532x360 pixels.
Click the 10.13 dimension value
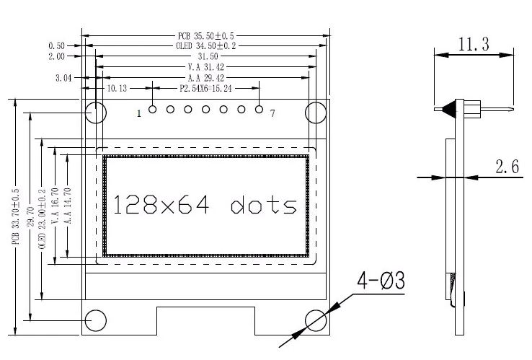pyautogui.click(x=117, y=89)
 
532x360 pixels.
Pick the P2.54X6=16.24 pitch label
pyautogui.click(x=205, y=89)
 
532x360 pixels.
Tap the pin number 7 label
pyautogui.click(x=272, y=113)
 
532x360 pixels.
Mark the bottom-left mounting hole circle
pyautogui.click(x=97, y=320)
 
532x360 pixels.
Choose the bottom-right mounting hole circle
pyautogui.click(x=316, y=320)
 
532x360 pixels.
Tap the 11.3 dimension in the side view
pyautogui.click(x=473, y=45)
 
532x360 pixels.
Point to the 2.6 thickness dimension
pyautogui.click(x=507, y=167)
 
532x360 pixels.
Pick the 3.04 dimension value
pyautogui.click(x=63, y=78)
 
